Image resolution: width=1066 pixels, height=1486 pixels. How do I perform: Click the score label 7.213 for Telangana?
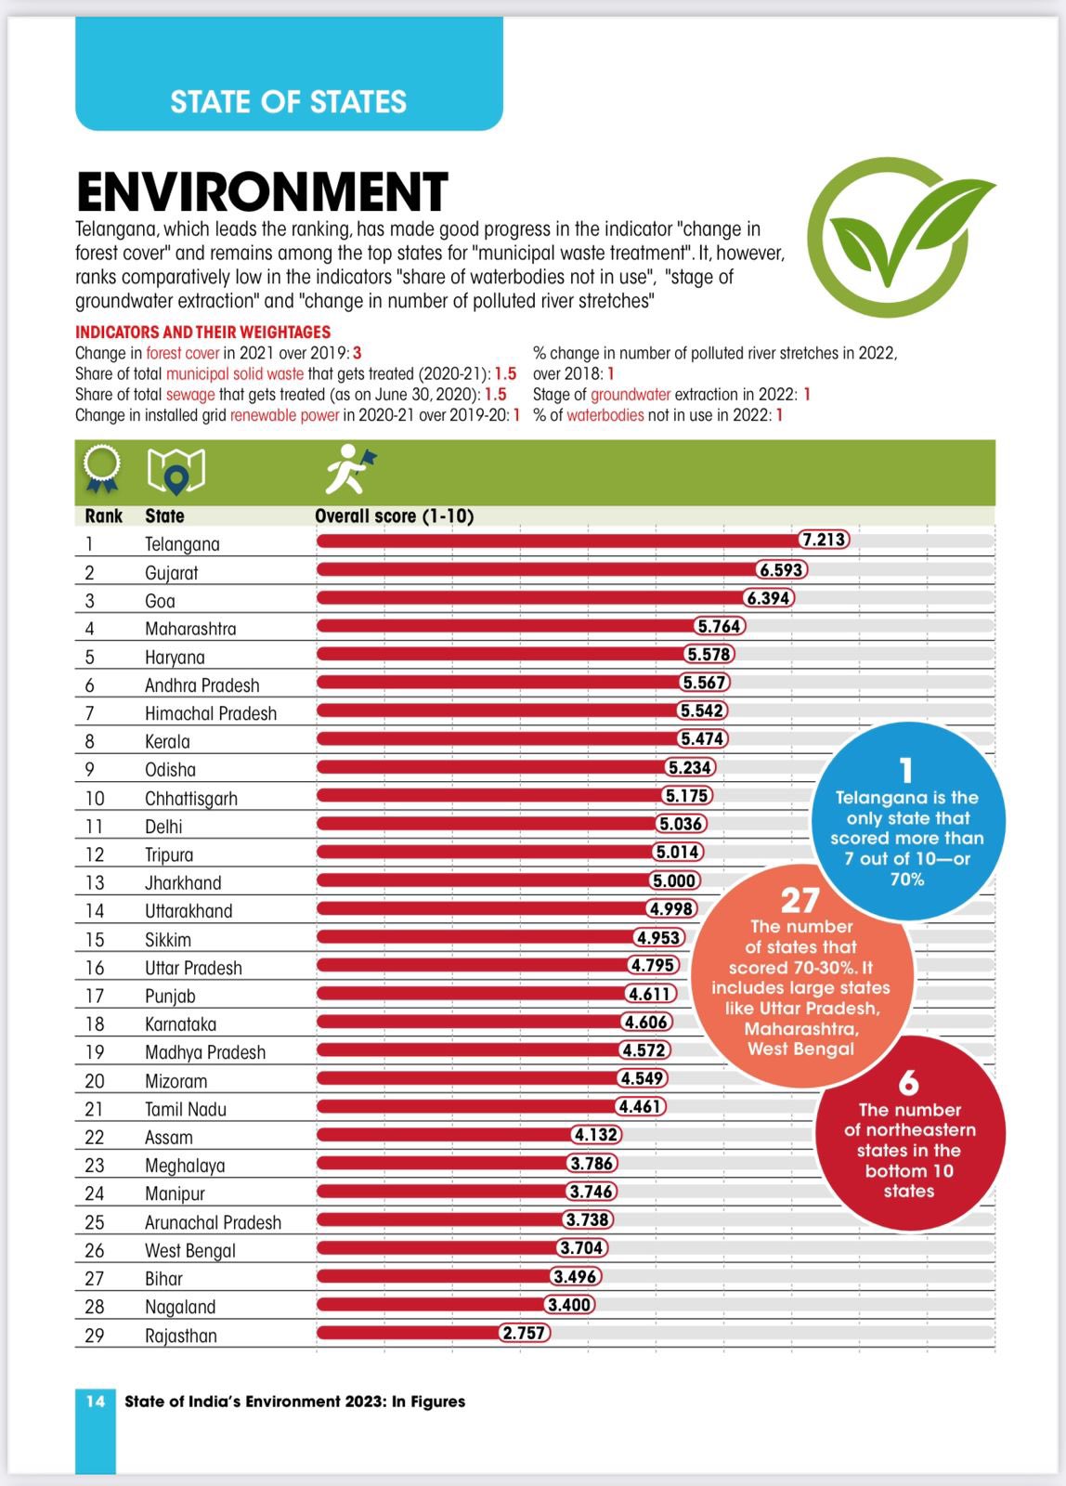tap(824, 540)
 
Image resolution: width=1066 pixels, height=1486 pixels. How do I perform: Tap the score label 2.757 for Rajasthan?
tap(524, 1333)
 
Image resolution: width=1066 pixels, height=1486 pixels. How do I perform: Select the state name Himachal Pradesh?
tap(211, 713)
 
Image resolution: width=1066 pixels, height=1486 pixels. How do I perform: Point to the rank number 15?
tap(94, 939)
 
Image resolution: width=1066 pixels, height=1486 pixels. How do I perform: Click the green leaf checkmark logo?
tap(901, 237)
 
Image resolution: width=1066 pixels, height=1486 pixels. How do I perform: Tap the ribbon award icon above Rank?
tap(101, 469)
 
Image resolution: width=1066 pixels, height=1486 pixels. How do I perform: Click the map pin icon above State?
tap(175, 472)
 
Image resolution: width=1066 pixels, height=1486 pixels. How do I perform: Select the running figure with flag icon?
tap(350, 469)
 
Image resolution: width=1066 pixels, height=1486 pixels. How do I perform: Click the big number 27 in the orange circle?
tap(800, 901)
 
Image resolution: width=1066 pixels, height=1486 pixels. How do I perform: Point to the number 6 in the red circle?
tap(909, 1083)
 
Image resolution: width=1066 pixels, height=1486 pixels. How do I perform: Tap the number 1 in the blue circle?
tap(906, 771)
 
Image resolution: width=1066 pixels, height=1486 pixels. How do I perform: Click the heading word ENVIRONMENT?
tap(263, 192)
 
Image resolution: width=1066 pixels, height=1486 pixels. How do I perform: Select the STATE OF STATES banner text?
tap(289, 102)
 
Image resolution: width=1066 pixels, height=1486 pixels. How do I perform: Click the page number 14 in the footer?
tap(96, 1401)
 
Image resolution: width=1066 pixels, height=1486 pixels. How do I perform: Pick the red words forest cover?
tap(182, 353)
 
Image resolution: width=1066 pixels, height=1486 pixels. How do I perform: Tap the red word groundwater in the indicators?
tap(630, 395)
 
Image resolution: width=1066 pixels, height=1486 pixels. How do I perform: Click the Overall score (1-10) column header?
tap(394, 516)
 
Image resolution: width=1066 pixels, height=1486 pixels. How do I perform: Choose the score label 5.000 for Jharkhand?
tap(674, 880)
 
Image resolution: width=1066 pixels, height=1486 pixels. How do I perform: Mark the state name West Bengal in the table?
tap(190, 1250)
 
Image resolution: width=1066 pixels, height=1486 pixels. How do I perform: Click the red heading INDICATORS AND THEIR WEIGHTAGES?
tap(203, 332)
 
